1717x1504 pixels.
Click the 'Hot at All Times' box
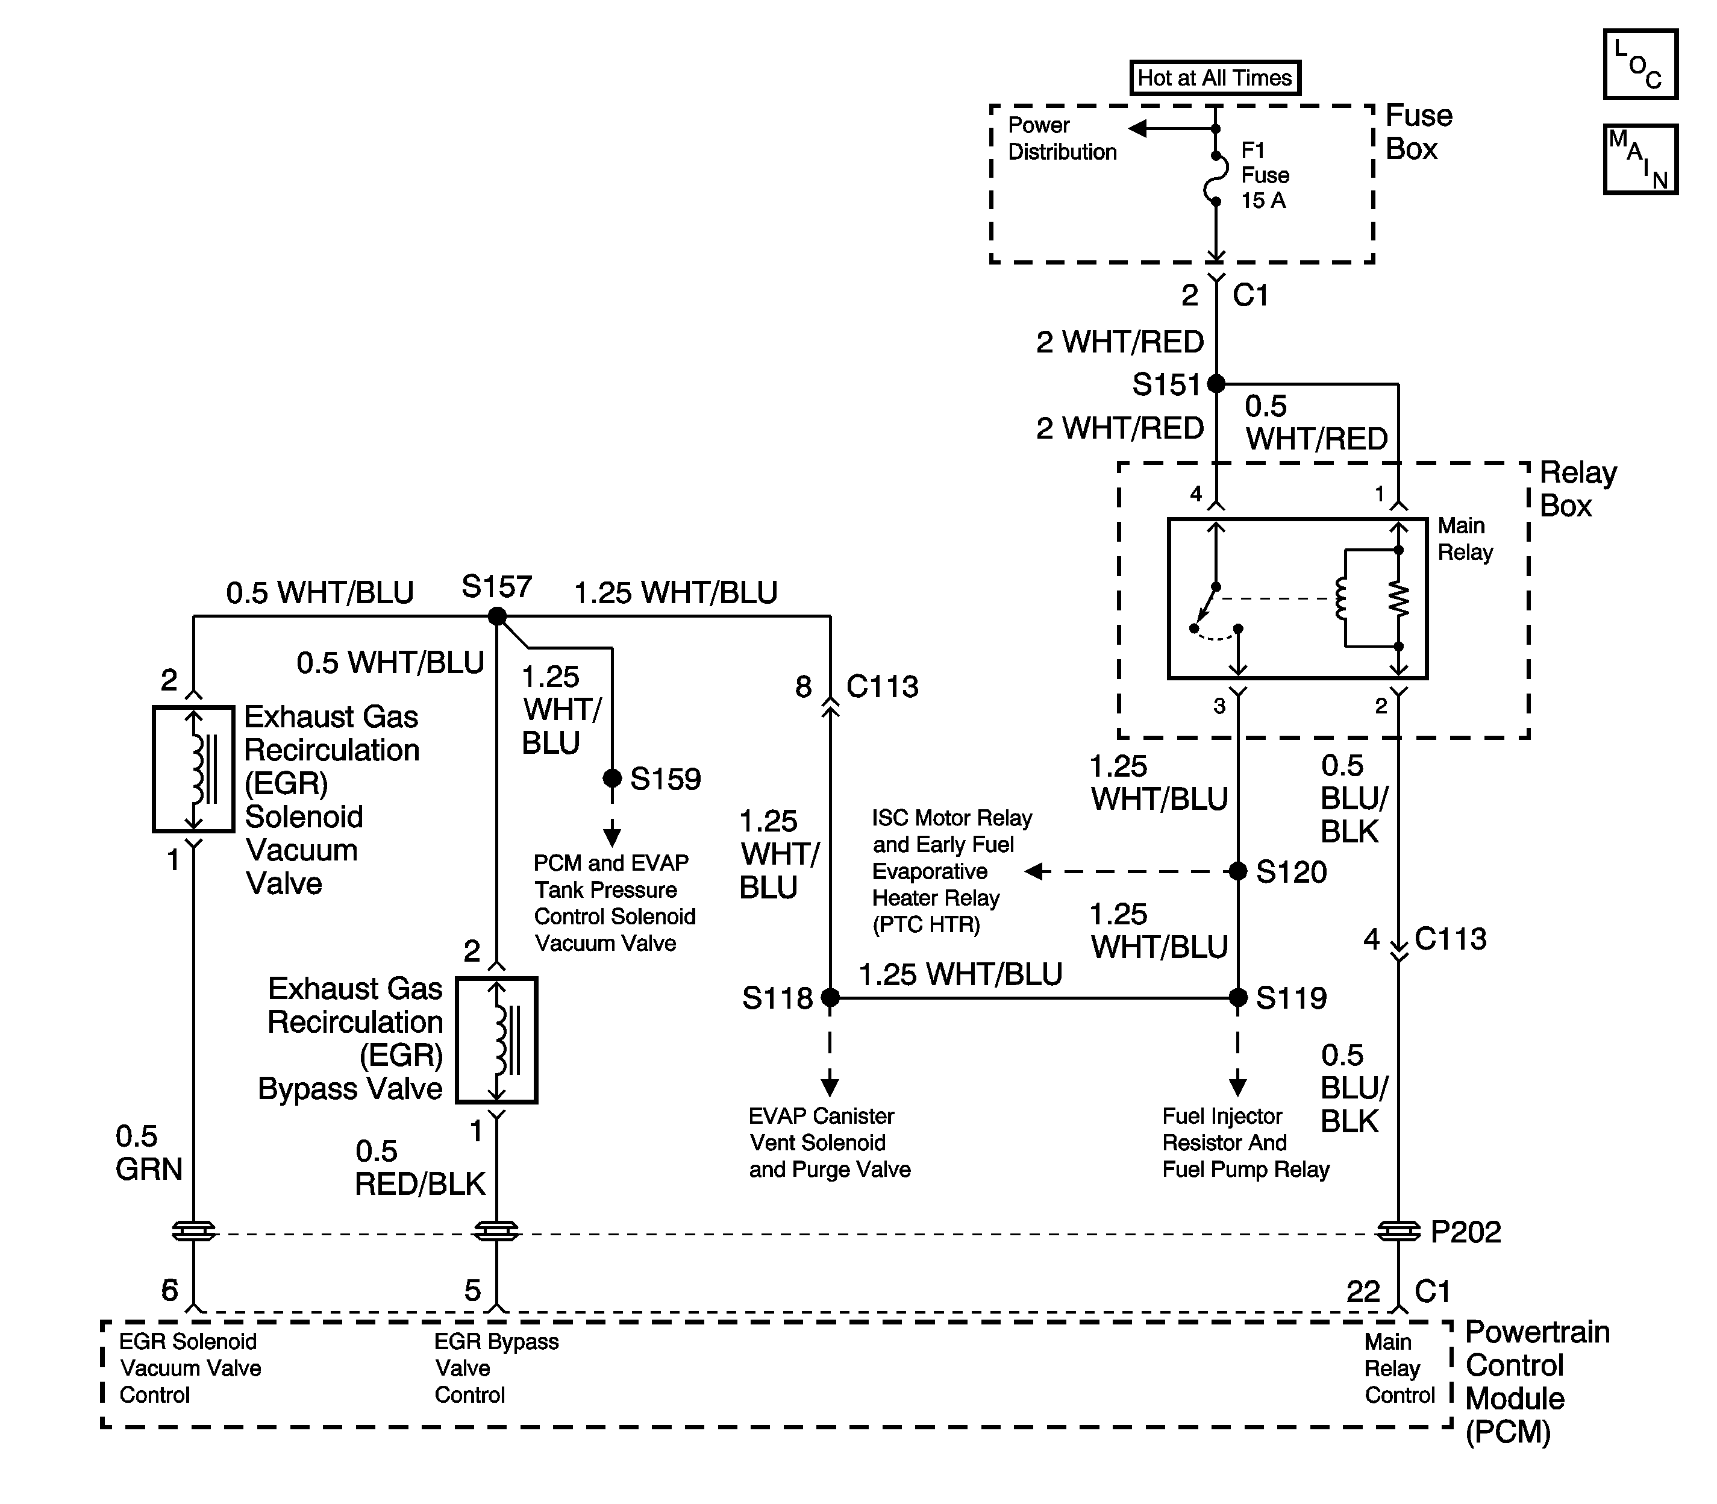1215,78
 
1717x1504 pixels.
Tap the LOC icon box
1640,64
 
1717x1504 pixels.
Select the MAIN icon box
1640,160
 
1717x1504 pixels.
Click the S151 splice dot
1216,384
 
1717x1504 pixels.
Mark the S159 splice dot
613,778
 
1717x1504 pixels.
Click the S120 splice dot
1238,871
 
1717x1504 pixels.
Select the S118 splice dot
830,998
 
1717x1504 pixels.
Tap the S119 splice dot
1238,998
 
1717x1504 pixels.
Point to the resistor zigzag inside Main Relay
1399,598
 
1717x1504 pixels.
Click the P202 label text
1465,1232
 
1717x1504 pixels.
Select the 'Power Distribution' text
1062,139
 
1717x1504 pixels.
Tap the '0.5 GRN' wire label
149,1152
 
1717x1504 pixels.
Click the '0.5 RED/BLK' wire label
419,1167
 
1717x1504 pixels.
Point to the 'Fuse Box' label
1418,132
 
